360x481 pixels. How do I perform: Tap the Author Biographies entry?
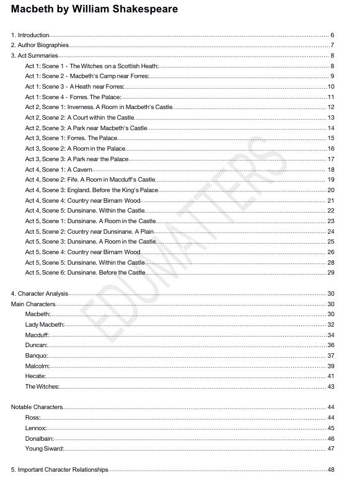[40, 45]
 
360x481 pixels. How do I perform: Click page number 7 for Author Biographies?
[332, 45]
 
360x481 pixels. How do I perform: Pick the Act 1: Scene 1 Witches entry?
[92, 66]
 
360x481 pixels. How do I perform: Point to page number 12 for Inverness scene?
[331, 107]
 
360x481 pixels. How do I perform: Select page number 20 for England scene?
[331, 190]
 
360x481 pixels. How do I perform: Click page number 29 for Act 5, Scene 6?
[331, 273]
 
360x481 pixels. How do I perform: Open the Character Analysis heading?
[43, 293]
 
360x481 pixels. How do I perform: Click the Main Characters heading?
[33, 304]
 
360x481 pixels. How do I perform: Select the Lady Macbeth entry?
[45, 325]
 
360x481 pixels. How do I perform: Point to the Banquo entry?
[37, 356]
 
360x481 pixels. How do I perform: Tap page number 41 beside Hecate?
[331, 376]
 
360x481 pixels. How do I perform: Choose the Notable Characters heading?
[37, 407]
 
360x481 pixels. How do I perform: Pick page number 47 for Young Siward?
[331, 449]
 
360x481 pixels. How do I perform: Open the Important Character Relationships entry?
[59, 469]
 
